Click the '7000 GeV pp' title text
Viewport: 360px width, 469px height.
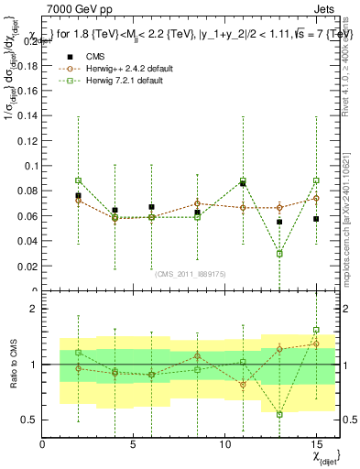point(74,9)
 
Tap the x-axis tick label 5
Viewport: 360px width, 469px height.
point(133,444)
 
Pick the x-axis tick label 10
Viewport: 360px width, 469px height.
point(224,444)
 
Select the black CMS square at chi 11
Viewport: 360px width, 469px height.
point(243,184)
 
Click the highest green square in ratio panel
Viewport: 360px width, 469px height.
point(316,330)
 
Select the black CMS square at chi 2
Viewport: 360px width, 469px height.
point(78,195)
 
